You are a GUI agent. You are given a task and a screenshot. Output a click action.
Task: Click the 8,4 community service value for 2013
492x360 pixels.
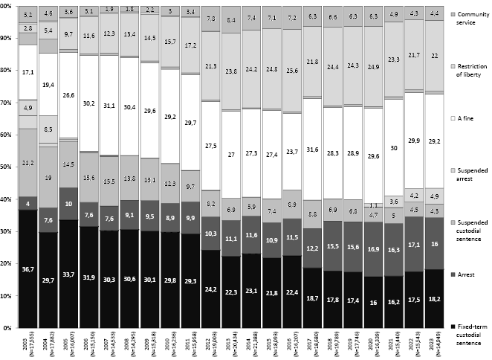point(233,19)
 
